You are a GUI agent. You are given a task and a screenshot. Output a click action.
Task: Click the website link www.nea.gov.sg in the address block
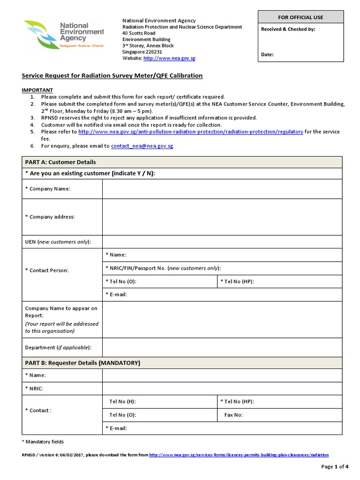tap(169, 58)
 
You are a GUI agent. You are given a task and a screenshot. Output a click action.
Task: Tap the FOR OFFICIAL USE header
tap(300, 17)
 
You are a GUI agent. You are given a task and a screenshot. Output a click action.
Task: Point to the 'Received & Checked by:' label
tap(288, 29)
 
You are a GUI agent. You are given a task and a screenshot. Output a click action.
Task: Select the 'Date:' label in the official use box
tap(267, 55)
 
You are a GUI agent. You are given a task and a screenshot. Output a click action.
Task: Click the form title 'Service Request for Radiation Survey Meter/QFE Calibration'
tap(112, 75)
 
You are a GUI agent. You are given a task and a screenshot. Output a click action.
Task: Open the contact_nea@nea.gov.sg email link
tap(142, 146)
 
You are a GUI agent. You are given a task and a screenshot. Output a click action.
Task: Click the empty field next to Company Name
tap(222, 188)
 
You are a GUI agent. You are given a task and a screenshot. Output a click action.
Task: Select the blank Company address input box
tap(222, 217)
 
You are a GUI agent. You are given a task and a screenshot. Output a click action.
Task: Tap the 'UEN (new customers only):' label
tap(58, 242)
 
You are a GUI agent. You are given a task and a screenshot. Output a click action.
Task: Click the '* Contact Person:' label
tap(46, 270)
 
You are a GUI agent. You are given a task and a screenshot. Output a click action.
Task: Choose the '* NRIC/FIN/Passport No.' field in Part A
tap(222, 268)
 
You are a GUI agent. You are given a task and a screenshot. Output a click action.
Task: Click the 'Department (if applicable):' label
tap(58, 347)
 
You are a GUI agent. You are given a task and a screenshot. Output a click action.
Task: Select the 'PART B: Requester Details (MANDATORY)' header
tap(82, 363)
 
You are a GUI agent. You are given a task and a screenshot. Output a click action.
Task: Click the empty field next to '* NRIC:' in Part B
tap(222, 389)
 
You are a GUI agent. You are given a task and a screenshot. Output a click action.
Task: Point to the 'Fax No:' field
tap(280, 415)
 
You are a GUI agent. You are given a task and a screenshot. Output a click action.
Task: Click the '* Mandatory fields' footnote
tap(43, 442)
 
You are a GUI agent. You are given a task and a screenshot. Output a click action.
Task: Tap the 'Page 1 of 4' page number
tap(335, 466)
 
